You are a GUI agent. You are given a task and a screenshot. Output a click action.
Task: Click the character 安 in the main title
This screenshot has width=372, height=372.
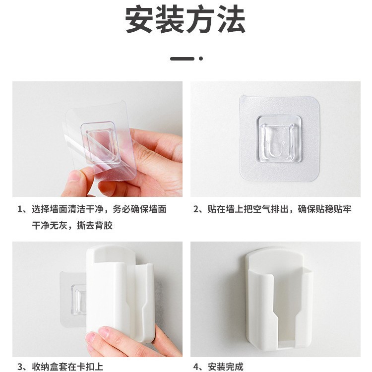click(x=140, y=20)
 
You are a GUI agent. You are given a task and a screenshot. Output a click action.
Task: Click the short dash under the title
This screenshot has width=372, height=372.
click(x=182, y=59)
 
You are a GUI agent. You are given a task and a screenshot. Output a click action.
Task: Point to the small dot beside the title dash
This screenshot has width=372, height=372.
click(x=201, y=59)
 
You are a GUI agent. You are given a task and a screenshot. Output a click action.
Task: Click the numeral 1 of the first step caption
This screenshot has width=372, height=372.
click(x=21, y=209)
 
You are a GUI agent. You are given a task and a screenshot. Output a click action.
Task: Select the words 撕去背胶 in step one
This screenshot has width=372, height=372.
click(x=95, y=226)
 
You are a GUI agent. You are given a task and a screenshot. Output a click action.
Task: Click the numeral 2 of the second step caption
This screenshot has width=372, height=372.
click(x=196, y=209)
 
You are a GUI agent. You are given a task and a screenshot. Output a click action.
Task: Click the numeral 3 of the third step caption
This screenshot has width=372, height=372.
click(x=21, y=367)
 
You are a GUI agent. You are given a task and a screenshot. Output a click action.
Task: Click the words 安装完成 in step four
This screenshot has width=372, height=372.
click(x=226, y=367)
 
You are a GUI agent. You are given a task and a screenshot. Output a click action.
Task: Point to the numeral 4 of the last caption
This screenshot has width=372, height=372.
click(x=196, y=367)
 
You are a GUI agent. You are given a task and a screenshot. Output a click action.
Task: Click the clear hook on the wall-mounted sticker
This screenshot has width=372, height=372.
click(x=280, y=137)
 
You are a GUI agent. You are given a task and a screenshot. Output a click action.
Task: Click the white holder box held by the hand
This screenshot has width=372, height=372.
click(x=117, y=293)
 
